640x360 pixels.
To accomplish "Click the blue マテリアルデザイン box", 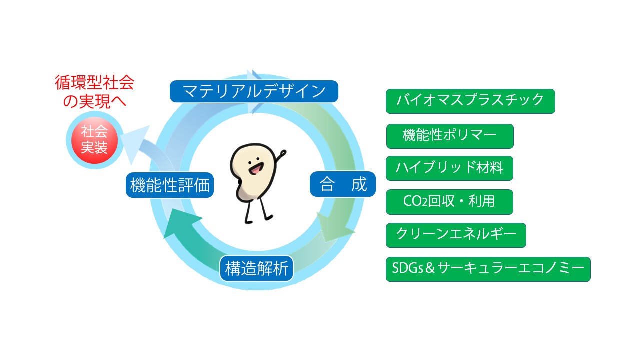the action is click(x=254, y=91).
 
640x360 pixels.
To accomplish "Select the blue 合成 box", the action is click(x=343, y=184).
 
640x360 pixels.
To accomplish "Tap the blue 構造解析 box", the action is click(x=256, y=268).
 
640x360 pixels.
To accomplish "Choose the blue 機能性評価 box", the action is click(x=170, y=185).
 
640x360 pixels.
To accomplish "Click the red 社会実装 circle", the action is click(x=95, y=140).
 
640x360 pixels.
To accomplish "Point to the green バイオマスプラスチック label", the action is click(x=470, y=101).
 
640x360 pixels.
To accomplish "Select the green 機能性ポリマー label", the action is click(x=450, y=136).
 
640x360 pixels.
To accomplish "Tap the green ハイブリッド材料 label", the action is click(x=449, y=168).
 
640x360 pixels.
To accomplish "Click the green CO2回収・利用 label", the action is click(x=449, y=202).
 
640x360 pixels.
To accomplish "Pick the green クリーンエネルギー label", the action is click(x=456, y=235).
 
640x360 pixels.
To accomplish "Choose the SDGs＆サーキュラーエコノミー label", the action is click(x=488, y=269).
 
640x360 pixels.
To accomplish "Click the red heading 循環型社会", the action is click(x=95, y=83).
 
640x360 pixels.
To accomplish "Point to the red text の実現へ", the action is click(x=95, y=101).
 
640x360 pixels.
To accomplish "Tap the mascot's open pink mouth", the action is click(x=256, y=169).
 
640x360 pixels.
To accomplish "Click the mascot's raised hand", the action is click(x=283, y=153).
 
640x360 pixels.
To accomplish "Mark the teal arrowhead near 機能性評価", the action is click(x=180, y=223).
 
